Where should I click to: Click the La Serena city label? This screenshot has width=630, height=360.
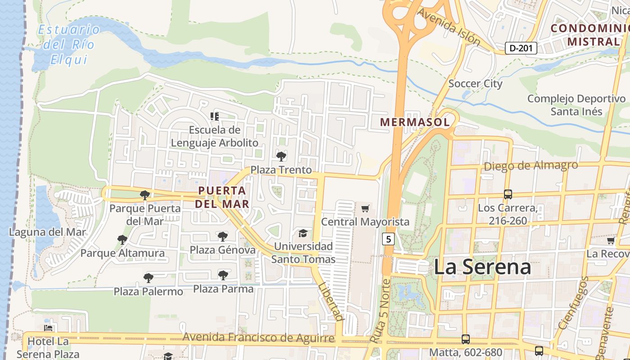pos(482,267)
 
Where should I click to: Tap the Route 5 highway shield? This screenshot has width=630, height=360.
pos(388,238)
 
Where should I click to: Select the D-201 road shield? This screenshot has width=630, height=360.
pos(521,48)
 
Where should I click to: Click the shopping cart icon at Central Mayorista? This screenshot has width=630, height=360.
pos(365,208)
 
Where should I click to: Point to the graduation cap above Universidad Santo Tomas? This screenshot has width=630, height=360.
pos(303,233)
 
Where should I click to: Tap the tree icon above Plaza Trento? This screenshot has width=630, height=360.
pos(281,157)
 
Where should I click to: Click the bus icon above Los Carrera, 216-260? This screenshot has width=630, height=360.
pos(508,194)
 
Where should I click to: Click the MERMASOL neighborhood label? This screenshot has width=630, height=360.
pos(414,122)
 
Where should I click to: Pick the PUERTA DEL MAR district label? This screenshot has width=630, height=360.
pos(223,197)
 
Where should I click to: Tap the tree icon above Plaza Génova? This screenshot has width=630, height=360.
pos(222,237)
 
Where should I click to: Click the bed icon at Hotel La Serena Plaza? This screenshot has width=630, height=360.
pos(48,328)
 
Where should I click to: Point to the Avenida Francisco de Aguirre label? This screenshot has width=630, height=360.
pos(258,337)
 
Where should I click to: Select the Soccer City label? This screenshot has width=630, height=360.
pos(475,83)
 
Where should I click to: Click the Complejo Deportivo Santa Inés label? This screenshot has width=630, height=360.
pos(576,105)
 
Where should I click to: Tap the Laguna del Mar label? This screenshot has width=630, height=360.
pos(47,232)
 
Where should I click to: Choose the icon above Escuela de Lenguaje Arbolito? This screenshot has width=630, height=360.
pos(215,117)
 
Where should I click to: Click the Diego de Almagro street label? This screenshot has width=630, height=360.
pos(531,166)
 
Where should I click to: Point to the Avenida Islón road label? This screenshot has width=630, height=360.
pos(448,27)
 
